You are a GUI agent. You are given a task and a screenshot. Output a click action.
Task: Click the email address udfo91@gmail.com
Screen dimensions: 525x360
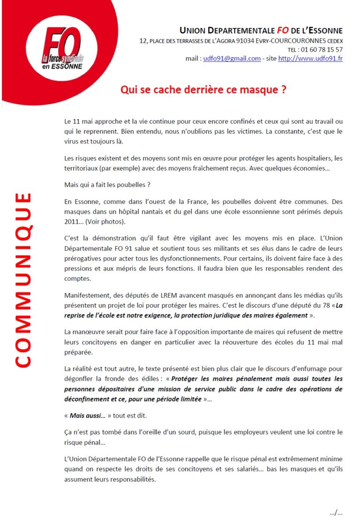pos(232,59)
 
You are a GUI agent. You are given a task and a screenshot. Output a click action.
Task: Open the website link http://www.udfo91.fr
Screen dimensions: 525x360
pos(310,59)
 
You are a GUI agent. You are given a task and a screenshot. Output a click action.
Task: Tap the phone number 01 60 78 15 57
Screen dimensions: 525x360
pos(322,49)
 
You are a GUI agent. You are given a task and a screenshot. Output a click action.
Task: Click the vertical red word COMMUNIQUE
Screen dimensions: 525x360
pos(22,279)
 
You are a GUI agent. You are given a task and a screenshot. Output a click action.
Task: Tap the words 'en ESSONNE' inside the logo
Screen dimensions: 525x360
pos(62,66)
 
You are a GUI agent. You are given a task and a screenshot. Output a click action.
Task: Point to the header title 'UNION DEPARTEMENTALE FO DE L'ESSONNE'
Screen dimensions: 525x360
pos(262,31)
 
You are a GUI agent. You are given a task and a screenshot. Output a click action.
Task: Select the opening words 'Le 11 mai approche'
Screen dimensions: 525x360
pos(91,121)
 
